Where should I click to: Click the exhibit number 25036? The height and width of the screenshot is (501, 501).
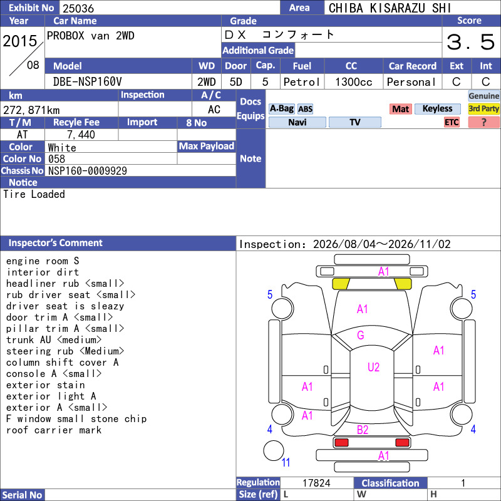(x=78, y=8)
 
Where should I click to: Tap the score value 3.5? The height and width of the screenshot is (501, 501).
(x=471, y=42)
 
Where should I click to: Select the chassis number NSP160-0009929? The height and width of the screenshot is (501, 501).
(x=88, y=171)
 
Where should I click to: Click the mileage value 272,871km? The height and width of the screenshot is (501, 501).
(x=31, y=110)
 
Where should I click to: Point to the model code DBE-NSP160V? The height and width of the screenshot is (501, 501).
(x=87, y=82)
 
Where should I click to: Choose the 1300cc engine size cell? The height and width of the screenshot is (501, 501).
(x=354, y=82)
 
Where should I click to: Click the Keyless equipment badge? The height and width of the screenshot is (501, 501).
(x=437, y=108)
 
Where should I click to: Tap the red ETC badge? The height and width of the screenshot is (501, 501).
(x=452, y=122)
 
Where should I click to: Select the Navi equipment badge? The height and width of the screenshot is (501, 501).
(x=297, y=122)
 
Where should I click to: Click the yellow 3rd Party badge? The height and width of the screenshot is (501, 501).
(x=483, y=108)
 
